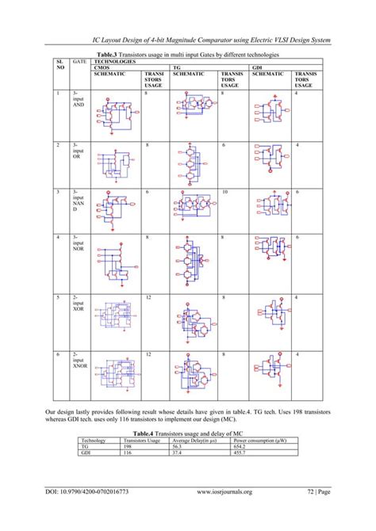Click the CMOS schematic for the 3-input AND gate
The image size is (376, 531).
click(x=117, y=115)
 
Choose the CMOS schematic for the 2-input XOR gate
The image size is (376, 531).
click(x=117, y=315)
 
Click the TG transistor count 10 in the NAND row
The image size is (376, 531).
click(x=224, y=193)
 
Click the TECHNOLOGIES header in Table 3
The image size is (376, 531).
click(x=116, y=60)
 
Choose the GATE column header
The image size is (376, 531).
click(x=79, y=60)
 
